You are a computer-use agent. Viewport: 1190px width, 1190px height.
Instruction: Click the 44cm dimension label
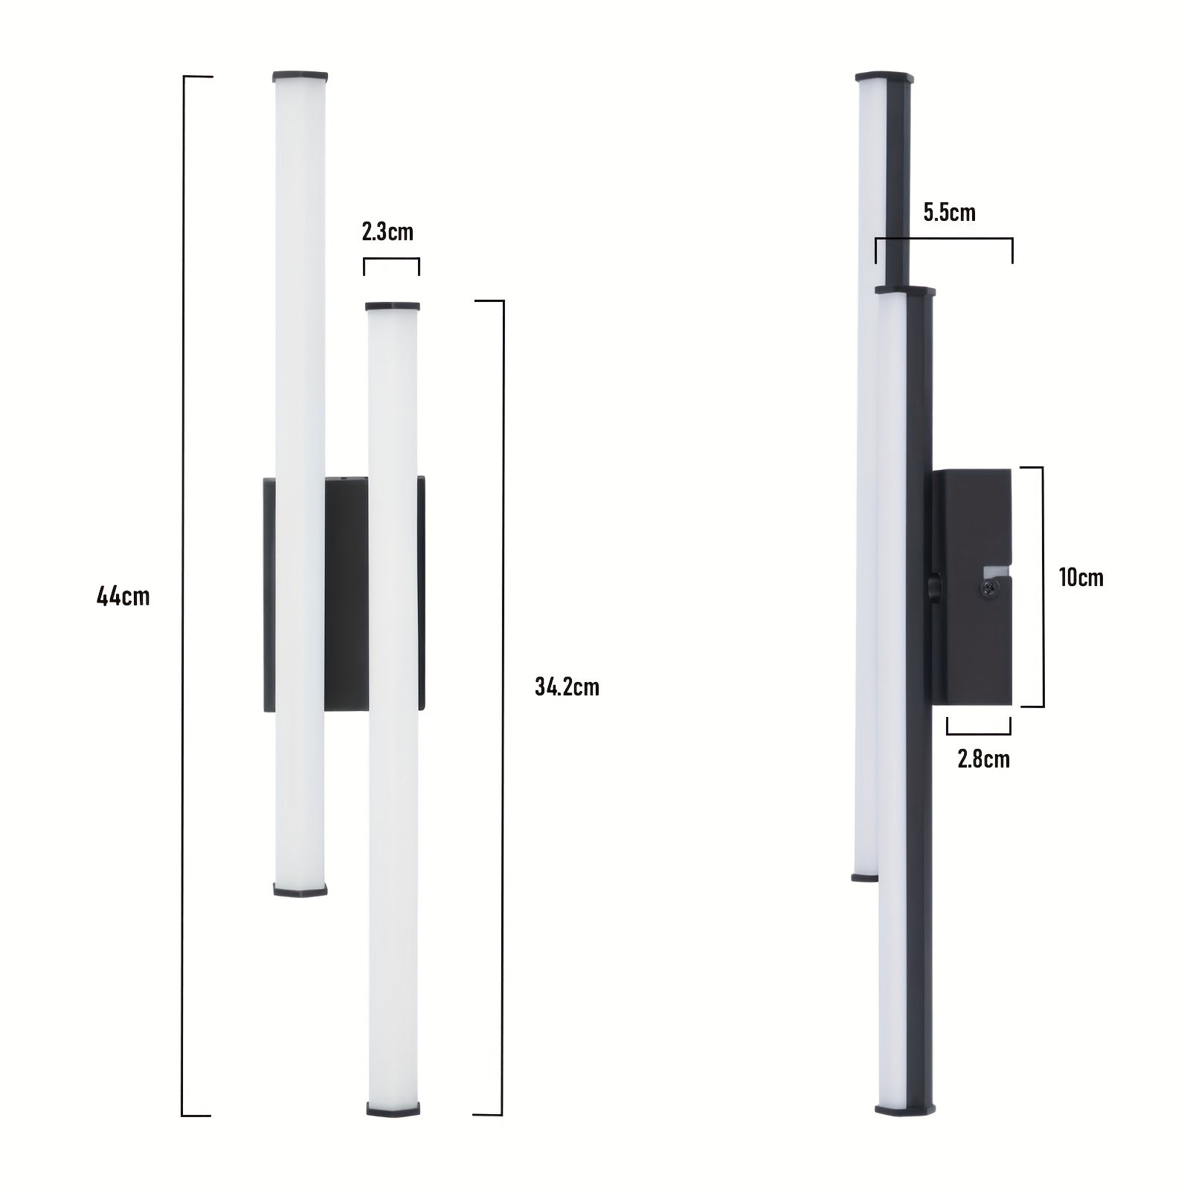pos(123,596)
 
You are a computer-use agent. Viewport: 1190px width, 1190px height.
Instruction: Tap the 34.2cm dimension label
pos(567,686)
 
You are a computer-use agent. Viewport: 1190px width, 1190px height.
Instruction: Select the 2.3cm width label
pos(387,232)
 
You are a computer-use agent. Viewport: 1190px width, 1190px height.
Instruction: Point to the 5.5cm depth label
pos(949,213)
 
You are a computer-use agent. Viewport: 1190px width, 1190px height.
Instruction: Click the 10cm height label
pos(1081,578)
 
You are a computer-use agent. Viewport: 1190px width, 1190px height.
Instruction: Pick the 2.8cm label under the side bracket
pos(983,759)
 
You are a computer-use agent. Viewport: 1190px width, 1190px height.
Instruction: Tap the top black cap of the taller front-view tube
pos(300,76)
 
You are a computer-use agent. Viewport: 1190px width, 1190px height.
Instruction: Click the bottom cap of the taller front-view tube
pos(300,889)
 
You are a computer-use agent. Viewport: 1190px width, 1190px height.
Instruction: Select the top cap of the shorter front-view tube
pos(392,306)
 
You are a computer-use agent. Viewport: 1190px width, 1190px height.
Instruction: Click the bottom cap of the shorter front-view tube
pos(393,1109)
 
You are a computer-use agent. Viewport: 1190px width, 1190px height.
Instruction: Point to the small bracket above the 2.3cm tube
pos(391,260)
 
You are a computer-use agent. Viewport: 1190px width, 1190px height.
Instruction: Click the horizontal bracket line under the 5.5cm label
pos(944,239)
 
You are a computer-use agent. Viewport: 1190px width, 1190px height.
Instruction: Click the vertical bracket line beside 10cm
pos(1042,586)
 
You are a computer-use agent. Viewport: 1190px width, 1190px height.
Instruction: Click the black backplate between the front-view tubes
pos(346,594)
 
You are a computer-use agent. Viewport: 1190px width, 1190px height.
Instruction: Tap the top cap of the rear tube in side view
pos(884,77)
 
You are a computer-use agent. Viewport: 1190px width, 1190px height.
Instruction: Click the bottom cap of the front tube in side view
pos(904,1110)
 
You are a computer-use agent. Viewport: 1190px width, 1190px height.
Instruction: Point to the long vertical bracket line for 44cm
pos(183,595)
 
